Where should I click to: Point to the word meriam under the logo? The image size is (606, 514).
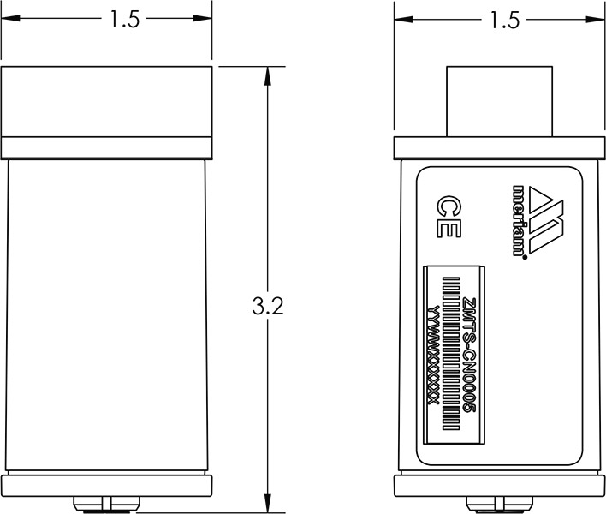click(518, 218)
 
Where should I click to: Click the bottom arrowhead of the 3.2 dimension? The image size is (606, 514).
click(268, 505)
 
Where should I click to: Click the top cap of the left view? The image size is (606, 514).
click(106, 100)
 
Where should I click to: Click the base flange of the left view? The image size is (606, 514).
click(106, 485)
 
